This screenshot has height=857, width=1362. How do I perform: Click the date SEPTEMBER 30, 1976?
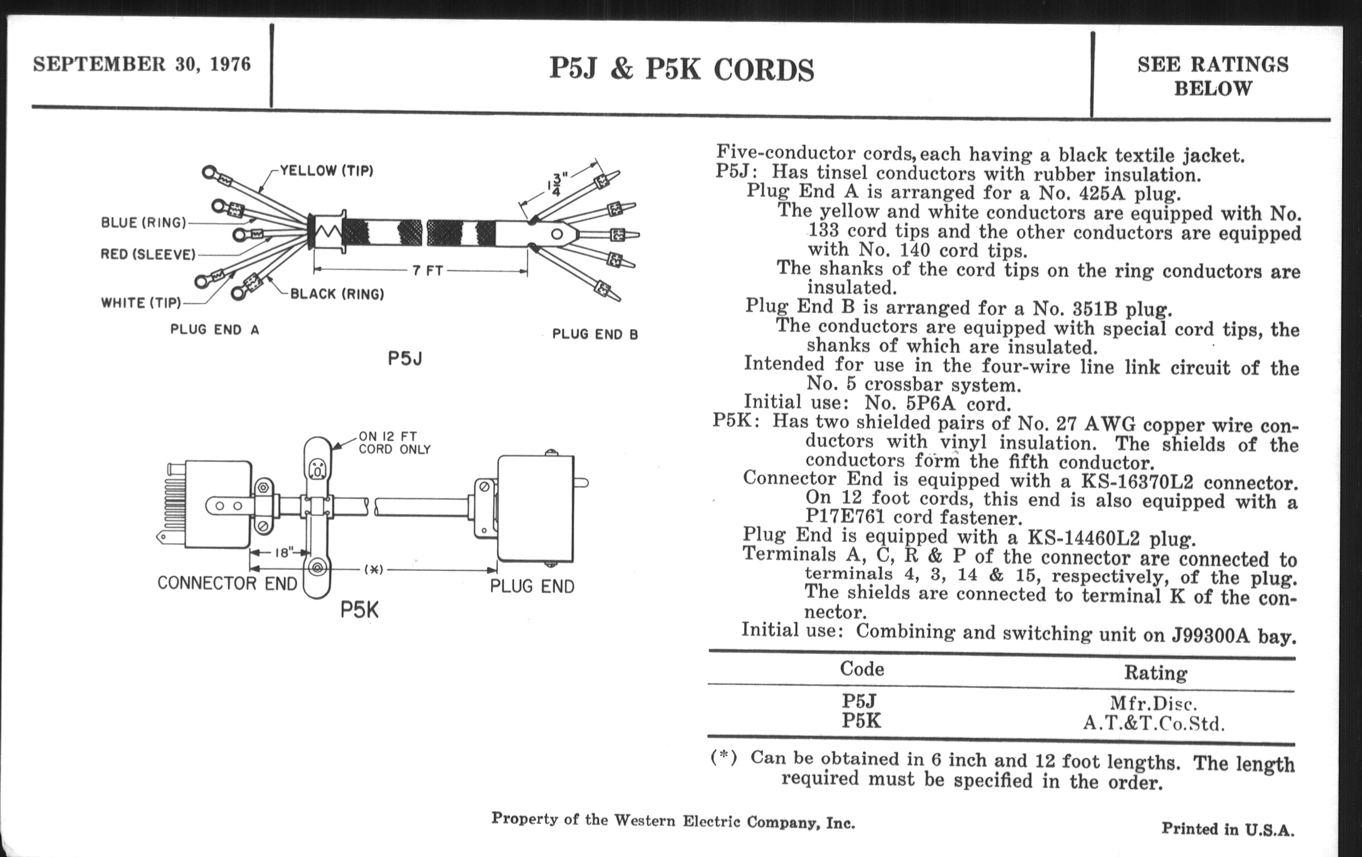coord(141,64)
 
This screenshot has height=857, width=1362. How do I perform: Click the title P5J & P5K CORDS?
coord(681,70)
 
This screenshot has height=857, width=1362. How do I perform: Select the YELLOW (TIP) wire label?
coord(326,171)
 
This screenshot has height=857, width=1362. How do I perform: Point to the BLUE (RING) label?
coord(143,223)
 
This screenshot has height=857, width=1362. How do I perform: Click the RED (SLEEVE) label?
coord(148,254)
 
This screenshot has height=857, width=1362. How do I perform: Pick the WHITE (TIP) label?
coord(141,303)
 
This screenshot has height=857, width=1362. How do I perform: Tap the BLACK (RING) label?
coord(337,294)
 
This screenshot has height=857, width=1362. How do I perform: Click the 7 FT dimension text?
coord(427,271)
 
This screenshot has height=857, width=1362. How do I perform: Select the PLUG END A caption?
coord(214,330)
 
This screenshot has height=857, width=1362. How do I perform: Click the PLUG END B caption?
coord(595,334)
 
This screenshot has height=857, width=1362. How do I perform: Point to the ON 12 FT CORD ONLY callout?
coord(394,443)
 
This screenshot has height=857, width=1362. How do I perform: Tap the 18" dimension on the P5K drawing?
coord(282,553)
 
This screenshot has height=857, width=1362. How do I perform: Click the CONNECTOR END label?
coord(227,583)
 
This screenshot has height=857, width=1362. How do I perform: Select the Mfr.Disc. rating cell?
coord(1154,704)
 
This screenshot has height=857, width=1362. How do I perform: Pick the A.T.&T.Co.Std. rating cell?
coord(1154,724)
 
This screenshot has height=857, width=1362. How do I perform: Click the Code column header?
coord(861,669)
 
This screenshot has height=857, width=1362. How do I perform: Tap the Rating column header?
coord(1155,673)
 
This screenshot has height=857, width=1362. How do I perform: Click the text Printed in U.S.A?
coord(1228,830)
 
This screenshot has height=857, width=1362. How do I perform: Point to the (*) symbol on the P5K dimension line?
coord(374,570)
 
